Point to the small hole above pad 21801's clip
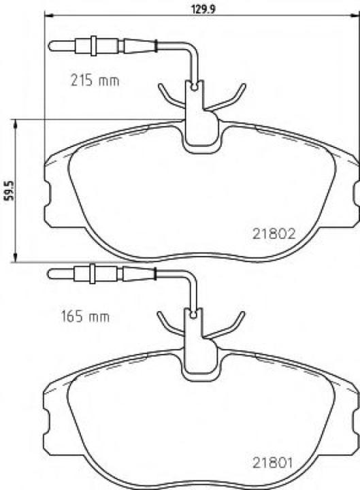tap(195, 314)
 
